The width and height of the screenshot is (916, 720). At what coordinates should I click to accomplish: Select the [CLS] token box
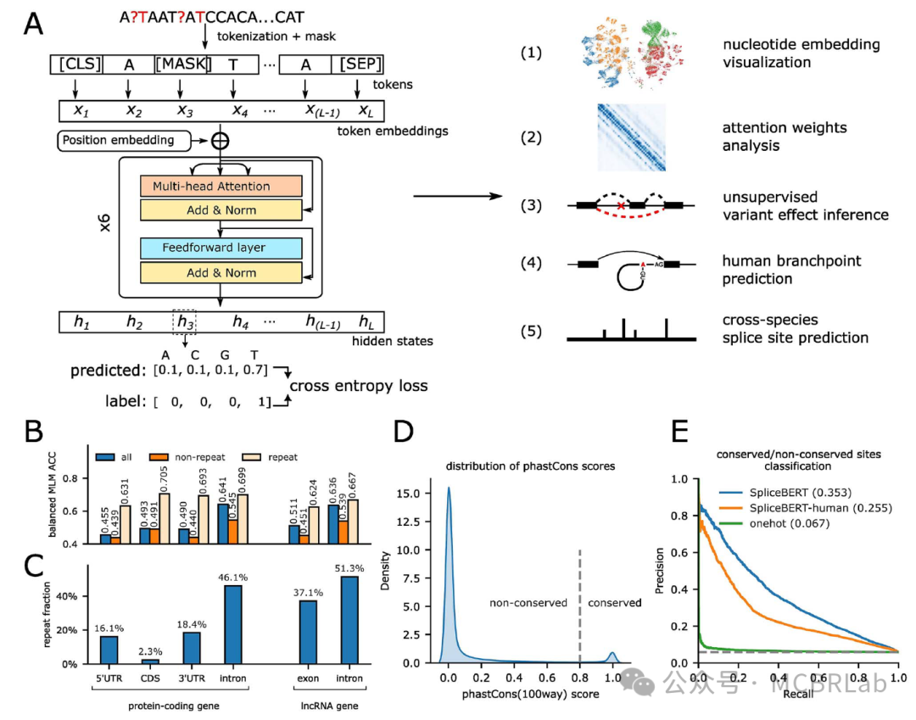(x=80, y=65)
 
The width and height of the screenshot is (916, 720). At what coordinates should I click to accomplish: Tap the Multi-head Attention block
(x=212, y=186)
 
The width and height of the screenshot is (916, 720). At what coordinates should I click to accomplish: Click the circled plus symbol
(x=221, y=140)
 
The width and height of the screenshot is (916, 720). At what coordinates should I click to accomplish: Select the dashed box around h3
(x=187, y=321)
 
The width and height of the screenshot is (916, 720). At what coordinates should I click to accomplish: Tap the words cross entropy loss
(x=359, y=386)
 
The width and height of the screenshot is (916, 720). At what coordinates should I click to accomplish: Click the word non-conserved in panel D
(x=528, y=604)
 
